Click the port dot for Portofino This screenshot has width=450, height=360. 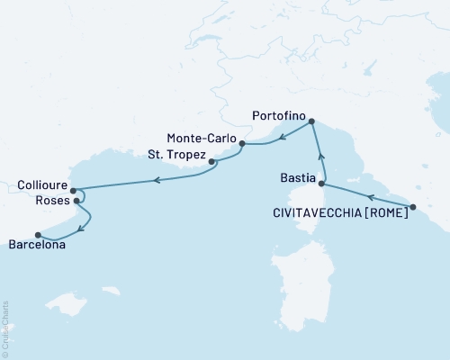(311, 122)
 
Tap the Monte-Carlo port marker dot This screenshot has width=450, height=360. (242, 143)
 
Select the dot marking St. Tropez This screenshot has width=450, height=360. (211, 163)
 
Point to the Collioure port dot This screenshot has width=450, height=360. (73, 191)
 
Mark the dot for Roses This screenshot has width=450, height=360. (76, 202)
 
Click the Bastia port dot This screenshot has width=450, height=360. (320, 184)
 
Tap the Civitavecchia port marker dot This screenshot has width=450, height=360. (412, 208)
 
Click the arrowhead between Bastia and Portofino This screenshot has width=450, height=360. (322, 160)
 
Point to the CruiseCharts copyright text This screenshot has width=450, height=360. (5, 328)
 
